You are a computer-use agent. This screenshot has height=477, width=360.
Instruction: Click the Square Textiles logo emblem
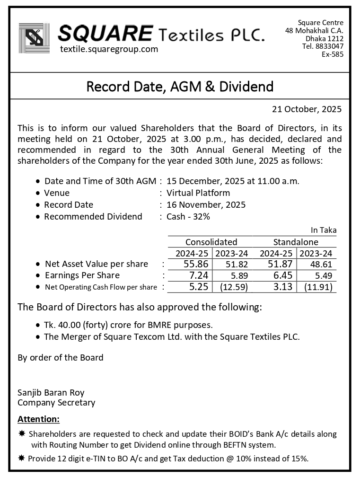point(34,38)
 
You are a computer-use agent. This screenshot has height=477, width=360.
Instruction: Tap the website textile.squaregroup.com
point(109,49)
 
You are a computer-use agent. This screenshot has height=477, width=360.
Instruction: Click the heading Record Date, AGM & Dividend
point(180,87)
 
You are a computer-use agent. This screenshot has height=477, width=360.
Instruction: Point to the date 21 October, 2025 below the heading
point(307,109)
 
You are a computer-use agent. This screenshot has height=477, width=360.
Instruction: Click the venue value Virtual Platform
point(198,193)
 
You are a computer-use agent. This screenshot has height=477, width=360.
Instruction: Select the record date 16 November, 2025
point(206,205)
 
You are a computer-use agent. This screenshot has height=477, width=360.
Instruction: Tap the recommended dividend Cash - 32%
point(188,217)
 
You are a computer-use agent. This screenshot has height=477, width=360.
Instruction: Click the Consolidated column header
point(211,242)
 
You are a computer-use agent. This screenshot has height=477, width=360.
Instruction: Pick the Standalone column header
point(296,242)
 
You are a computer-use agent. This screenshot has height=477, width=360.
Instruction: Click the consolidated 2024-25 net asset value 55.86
point(195,264)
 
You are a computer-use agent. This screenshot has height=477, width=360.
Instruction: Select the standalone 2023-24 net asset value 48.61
point(318,265)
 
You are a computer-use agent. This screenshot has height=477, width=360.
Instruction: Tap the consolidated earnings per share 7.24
point(199,275)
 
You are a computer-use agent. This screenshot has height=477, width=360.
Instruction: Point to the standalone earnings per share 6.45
point(282,275)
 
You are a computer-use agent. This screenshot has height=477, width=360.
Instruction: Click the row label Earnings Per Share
point(82,275)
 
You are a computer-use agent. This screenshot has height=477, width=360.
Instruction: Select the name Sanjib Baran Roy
point(51,393)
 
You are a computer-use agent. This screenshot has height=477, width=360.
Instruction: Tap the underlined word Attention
point(39,419)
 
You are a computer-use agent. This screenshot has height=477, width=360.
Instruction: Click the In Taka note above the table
point(324,230)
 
